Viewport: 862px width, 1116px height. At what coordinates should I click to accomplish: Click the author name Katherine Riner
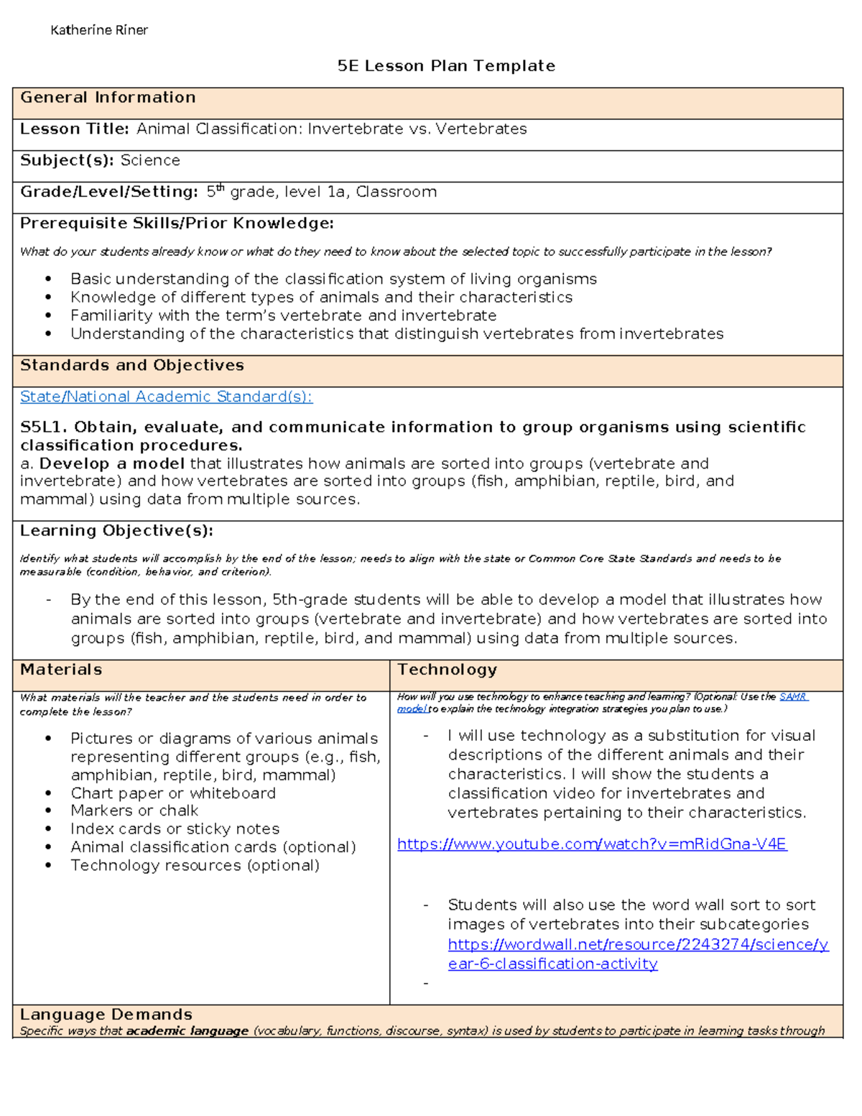(99, 30)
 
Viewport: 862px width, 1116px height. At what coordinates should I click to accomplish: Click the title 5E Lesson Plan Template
(446, 66)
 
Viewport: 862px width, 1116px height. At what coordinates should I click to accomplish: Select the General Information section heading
(108, 98)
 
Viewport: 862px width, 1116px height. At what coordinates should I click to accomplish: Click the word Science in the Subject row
(150, 161)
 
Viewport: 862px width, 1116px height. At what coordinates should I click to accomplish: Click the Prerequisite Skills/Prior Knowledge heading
(177, 223)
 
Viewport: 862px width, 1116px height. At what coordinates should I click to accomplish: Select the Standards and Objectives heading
(132, 366)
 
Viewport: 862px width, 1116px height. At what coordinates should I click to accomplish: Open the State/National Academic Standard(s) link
(166, 397)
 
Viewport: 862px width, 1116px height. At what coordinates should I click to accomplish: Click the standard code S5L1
(43, 428)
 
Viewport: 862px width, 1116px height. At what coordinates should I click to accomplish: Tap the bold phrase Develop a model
(112, 464)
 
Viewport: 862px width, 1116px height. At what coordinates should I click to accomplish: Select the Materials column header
(61, 670)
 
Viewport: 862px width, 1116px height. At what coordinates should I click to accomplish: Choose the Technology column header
(447, 670)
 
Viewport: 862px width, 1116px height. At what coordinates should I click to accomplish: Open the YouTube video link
(592, 844)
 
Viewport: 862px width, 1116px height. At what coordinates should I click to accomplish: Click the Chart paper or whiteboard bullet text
(173, 793)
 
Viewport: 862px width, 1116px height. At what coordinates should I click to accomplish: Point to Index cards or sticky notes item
(175, 829)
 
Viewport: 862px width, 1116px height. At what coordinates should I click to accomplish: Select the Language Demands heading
(106, 1015)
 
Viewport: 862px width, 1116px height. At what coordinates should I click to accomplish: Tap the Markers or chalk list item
(134, 811)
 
